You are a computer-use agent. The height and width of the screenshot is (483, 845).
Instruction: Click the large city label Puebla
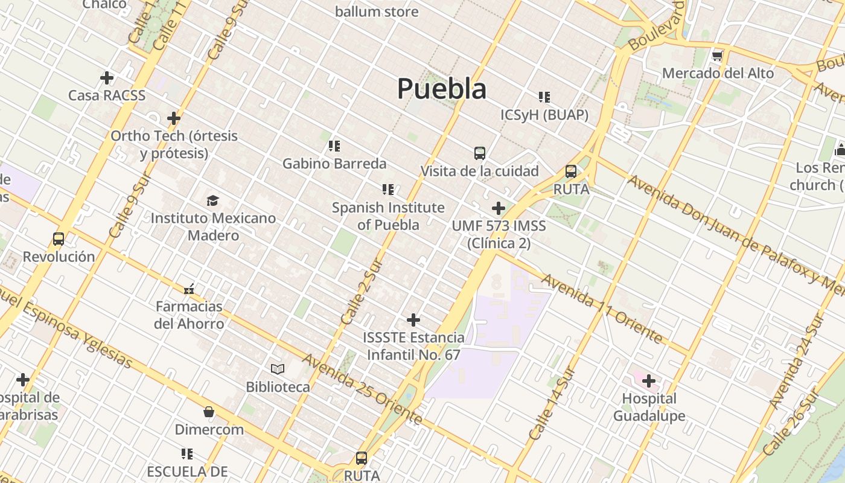click(x=442, y=89)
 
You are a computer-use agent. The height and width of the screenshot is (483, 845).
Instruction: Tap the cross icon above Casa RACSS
click(x=107, y=78)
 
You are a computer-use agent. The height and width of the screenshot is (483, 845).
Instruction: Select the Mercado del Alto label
click(x=718, y=73)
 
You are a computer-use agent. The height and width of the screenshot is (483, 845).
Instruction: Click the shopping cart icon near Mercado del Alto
click(x=717, y=56)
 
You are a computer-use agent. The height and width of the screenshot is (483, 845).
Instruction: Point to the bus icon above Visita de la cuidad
click(x=480, y=153)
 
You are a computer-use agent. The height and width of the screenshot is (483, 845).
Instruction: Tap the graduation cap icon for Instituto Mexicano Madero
click(x=212, y=200)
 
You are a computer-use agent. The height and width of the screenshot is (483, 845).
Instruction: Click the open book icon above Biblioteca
click(x=278, y=369)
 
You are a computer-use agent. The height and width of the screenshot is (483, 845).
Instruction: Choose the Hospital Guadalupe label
click(x=649, y=407)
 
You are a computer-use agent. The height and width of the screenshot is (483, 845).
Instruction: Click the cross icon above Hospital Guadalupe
click(x=649, y=381)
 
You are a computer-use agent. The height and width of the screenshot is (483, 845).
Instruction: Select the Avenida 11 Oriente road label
click(x=602, y=308)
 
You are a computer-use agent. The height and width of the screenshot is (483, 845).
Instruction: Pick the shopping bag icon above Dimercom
click(x=209, y=412)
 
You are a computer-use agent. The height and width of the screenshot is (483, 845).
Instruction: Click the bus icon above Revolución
click(x=59, y=239)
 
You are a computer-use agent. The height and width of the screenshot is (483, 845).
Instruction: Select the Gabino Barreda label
click(x=334, y=163)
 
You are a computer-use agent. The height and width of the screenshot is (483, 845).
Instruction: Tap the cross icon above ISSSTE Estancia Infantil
click(x=413, y=319)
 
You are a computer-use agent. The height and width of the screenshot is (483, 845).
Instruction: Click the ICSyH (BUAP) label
click(x=544, y=115)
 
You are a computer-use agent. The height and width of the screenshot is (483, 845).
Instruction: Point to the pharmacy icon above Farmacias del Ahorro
click(x=189, y=289)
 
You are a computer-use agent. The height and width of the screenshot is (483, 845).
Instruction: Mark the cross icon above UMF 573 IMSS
click(x=499, y=208)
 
